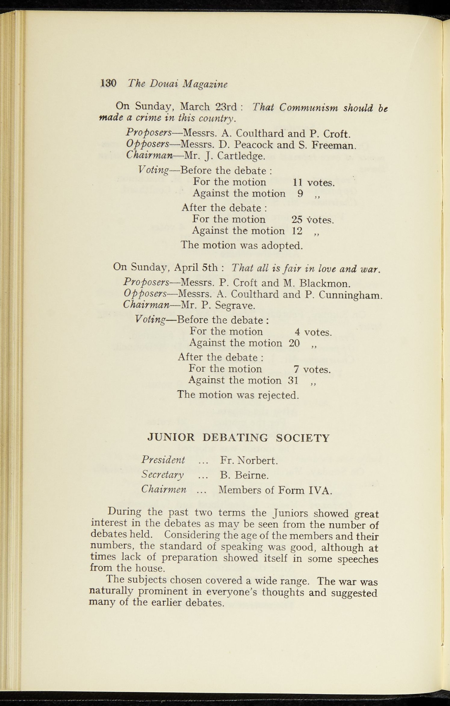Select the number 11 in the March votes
coord(297,182)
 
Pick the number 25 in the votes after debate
coord(297,219)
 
